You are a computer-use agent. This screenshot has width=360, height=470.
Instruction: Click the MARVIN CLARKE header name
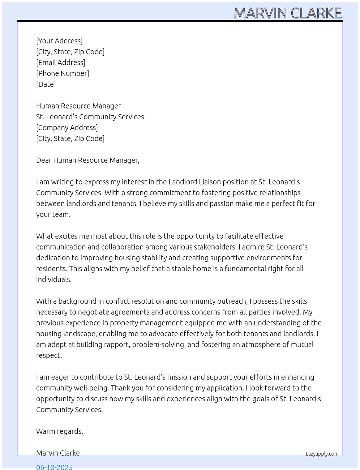coord(288,13)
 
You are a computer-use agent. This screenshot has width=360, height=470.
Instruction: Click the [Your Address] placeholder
coord(59,41)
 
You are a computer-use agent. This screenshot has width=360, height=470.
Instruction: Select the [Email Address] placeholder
coord(61,63)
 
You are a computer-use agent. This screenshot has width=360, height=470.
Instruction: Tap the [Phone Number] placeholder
coord(63,73)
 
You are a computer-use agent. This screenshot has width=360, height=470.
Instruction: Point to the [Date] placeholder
coord(46,84)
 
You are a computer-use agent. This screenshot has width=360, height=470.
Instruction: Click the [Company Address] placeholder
coord(67,128)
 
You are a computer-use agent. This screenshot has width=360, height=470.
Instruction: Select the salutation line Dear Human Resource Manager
coord(87,160)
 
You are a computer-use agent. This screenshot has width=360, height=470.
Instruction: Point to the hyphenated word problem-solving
coord(159,345)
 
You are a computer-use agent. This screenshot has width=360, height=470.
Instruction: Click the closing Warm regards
coord(59,431)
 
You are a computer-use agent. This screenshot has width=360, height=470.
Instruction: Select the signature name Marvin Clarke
coord(58,453)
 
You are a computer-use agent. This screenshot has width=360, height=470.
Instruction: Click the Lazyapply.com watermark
coord(322,454)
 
